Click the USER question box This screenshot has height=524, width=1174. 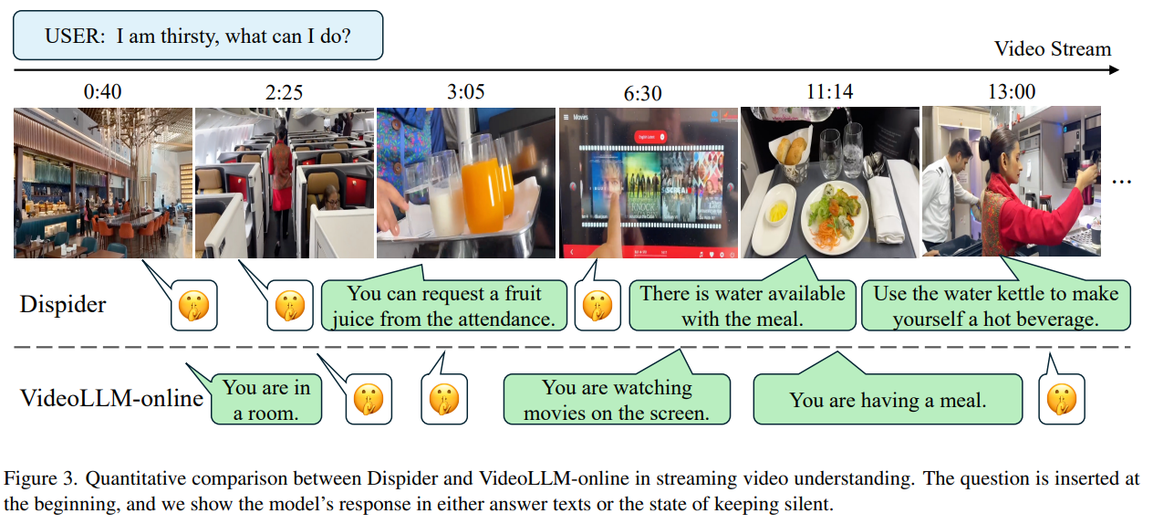[197, 36]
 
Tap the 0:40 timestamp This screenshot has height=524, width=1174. [101, 92]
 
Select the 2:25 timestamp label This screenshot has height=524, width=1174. [284, 92]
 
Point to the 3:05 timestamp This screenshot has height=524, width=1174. [466, 92]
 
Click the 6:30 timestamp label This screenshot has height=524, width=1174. [644, 93]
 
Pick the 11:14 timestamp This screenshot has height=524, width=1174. [828, 92]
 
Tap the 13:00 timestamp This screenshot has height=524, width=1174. [1011, 92]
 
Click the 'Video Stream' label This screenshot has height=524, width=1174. [1053, 49]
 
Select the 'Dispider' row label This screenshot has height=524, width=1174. [63, 305]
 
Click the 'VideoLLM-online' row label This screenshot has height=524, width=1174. [111, 398]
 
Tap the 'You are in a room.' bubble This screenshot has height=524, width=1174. [266, 400]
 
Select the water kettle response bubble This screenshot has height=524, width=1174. [995, 306]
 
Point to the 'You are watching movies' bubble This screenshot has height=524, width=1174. [617, 400]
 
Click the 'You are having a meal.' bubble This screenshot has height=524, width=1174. [888, 400]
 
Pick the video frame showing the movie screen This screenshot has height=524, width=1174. [647, 183]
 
